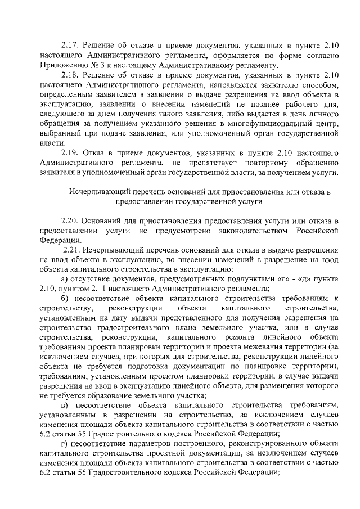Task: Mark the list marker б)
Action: [x=65, y=298]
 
